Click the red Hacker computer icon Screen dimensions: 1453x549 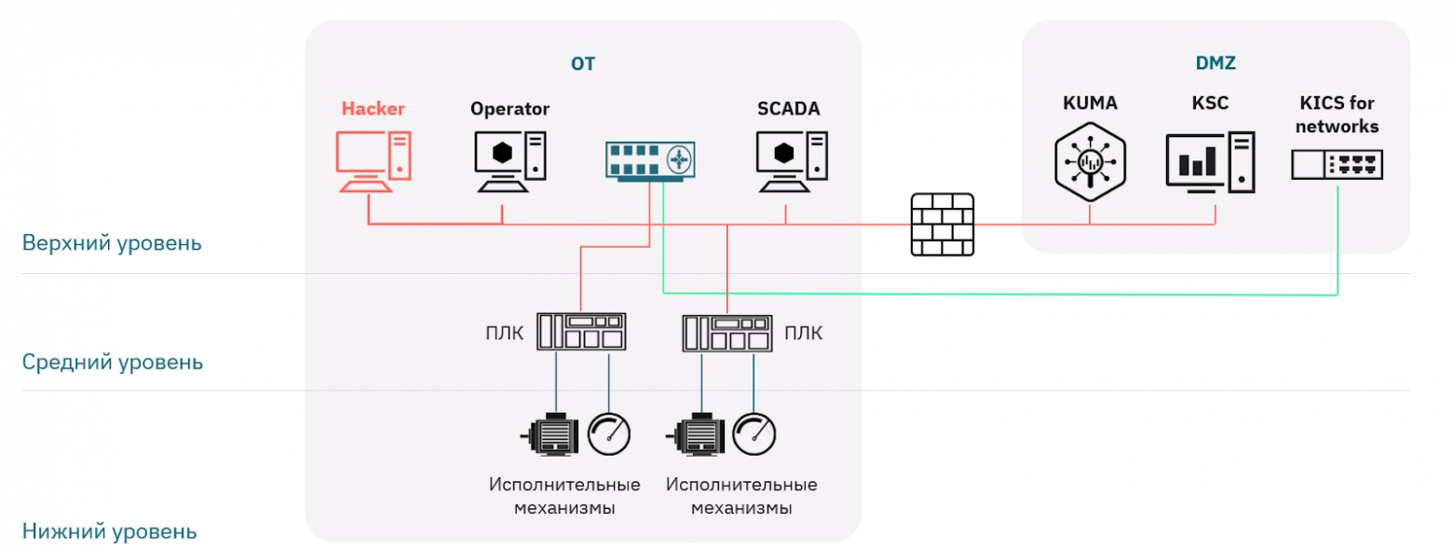tap(373, 161)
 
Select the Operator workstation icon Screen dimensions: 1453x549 tap(509, 161)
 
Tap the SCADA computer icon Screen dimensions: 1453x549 tap(792, 161)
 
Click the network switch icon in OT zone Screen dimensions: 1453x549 tap(650, 161)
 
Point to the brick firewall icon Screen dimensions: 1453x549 tap(942, 225)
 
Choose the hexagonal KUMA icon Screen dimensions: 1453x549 tap(1090, 161)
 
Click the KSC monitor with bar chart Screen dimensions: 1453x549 tap(1211, 162)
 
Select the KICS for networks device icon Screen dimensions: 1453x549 tap(1337, 164)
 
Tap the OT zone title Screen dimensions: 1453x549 tap(582, 63)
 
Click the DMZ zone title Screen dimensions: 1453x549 tap(1215, 63)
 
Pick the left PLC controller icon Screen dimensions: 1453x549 tap(581, 332)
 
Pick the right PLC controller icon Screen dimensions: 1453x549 tap(727, 333)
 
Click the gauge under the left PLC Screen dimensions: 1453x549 tap(608, 434)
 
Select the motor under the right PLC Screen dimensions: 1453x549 tap(696, 434)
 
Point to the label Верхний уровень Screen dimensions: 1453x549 tap(112, 243)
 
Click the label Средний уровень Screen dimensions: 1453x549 tap(112, 362)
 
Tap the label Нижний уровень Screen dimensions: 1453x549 tap(109, 531)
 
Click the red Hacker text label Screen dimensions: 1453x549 tap(373, 108)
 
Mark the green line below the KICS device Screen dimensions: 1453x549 tap(1337, 240)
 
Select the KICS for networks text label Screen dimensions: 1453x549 tap(1337, 115)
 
